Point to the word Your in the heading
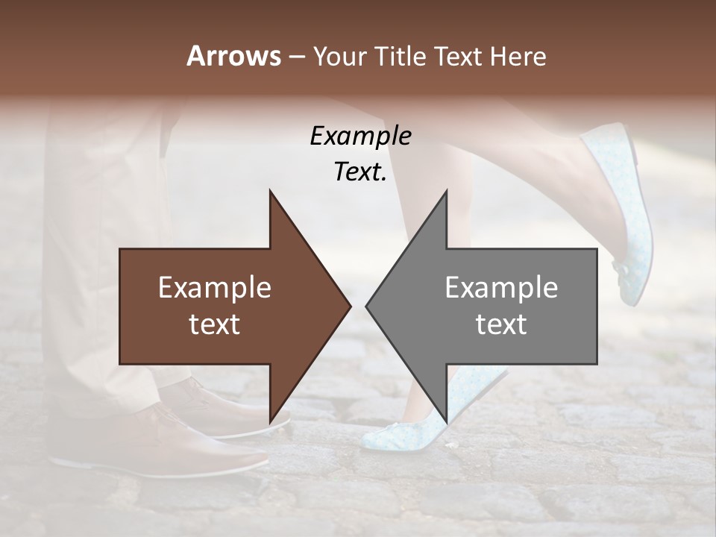[x=339, y=57]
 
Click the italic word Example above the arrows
[x=360, y=136]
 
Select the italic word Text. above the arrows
[x=360, y=172]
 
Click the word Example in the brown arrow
[x=215, y=288]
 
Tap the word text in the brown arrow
[x=215, y=324]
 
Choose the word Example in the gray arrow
[x=501, y=288]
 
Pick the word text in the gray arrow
[x=501, y=324]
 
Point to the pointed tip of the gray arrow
[x=367, y=306]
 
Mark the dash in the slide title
[x=296, y=57]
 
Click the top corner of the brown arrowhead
[x=270, y=192]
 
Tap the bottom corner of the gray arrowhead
[x=446, y=422]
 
